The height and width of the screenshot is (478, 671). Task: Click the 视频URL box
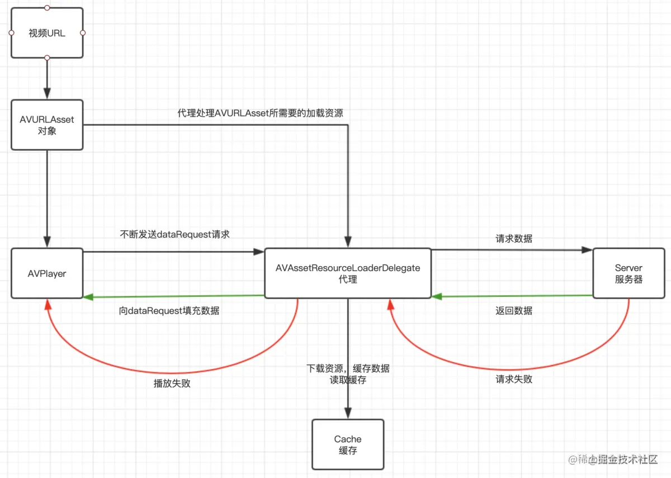tap(47, 33)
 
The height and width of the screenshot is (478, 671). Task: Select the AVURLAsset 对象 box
tap(47, 125)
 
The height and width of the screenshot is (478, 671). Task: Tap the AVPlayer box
tap(47, 274)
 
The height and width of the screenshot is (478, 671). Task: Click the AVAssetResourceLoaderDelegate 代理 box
tap(347, 273)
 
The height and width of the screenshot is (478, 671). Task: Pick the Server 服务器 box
tap(629, 274)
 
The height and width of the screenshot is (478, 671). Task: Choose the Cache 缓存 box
tap(348, 444)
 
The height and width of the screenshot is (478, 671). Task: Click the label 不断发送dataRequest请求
tap(174, 235)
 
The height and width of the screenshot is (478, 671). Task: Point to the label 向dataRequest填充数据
tap(169, 311)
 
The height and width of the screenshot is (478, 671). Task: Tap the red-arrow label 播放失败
tap(172, 384)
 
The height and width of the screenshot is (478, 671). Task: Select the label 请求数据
tap(514, 239)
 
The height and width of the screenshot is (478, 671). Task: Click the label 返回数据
tap(514, 311)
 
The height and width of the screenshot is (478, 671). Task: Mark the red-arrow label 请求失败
tap(514, 379)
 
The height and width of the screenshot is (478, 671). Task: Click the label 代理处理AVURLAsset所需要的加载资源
tap(260, 113)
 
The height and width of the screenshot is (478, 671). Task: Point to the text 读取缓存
tap(348, 380)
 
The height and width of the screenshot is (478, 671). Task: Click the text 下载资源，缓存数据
tap(348, 369)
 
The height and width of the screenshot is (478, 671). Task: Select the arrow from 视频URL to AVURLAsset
tap(47, 78)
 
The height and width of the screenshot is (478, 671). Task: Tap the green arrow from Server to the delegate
tap(512, 296)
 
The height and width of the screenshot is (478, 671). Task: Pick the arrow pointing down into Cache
tap(348, 403)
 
